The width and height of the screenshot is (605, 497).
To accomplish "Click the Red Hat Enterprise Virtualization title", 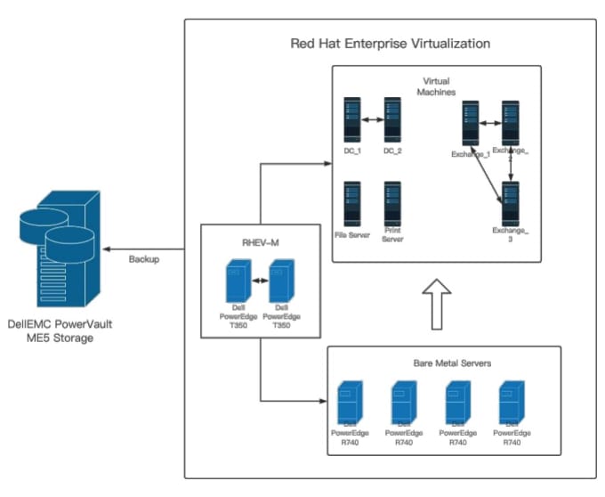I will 390,44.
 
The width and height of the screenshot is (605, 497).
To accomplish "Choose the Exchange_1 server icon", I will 470,123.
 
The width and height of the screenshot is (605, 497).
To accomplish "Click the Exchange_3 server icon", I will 510,202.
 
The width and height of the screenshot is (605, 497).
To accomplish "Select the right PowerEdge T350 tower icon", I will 281,280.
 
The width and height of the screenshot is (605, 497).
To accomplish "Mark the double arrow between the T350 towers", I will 260,281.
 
